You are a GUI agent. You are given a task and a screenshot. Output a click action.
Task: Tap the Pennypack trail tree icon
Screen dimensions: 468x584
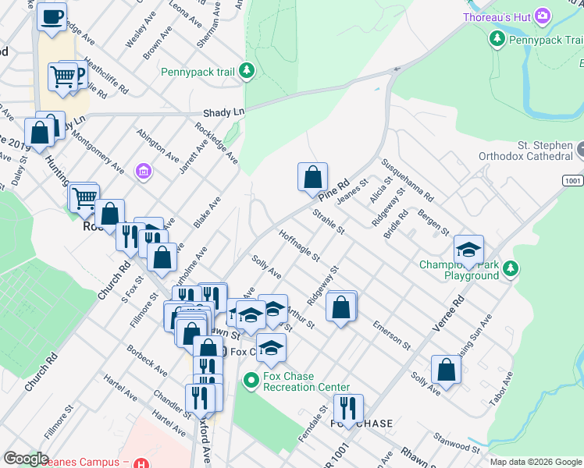coord(247,72)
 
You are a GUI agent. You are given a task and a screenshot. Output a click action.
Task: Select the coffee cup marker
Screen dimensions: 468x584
coord(52,17)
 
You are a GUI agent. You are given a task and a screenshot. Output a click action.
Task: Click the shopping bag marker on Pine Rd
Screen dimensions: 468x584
coord(312,177)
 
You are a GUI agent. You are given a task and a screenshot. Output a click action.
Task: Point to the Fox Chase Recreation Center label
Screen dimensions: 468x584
coord(306,381)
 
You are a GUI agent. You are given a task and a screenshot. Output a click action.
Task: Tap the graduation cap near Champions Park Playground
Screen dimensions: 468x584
coord(468,250)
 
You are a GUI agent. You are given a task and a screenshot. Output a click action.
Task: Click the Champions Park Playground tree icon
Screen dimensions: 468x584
coord(511,269)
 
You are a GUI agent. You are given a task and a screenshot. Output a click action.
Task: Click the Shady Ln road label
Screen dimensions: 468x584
coord(223,112)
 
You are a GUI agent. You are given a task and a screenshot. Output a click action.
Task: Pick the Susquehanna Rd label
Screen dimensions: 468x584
coord(407,181)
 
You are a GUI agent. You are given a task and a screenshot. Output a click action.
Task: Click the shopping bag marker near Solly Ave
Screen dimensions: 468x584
coord(445,370)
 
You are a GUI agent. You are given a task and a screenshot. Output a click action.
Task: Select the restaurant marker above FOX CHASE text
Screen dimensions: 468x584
coord(347,408)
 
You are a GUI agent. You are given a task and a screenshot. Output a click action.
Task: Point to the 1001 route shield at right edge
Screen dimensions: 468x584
coord(572,180)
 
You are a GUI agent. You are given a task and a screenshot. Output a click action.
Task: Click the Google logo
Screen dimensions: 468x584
coord(27,459)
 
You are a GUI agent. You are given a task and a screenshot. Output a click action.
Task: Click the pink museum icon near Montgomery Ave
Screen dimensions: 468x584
coord(143,171)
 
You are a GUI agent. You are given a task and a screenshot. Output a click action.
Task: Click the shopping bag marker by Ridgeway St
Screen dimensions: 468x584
coord(341,306)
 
